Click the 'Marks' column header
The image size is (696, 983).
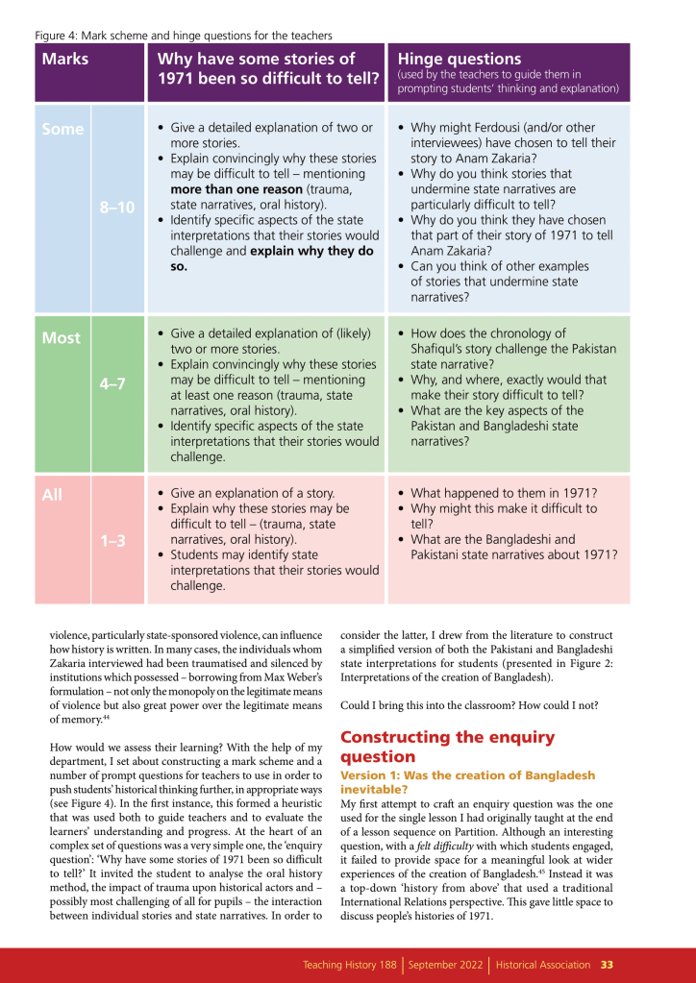click(65, 59)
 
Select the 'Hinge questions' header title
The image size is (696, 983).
click(459, 59)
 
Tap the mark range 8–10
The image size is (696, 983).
click(117, 207)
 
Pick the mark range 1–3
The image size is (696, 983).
click(113, 541)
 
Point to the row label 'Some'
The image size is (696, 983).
click(62, 129)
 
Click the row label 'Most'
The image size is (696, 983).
click(62, 338)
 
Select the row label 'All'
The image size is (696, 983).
click(52, 496)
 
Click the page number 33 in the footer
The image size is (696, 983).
click(608, 964)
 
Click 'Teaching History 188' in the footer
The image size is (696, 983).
click(350, 964)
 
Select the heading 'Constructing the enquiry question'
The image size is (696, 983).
click(447, 747)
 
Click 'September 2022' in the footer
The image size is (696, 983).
click(446, 964)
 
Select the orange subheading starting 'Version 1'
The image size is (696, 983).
click(467, 782)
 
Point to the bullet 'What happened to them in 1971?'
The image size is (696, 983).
click(508, 492)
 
